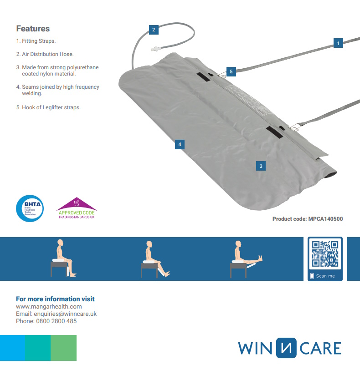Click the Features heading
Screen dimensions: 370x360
33,29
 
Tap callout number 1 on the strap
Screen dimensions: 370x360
338,43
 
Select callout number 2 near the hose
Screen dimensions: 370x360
154,30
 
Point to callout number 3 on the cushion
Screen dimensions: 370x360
261,166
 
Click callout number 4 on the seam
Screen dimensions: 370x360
180,144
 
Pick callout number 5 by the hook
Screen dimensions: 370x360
231,71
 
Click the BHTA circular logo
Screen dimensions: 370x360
30,208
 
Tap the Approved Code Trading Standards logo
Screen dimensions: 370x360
77,209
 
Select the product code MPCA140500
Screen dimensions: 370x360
308,219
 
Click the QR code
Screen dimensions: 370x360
325,254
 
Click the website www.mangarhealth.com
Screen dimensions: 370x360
49,307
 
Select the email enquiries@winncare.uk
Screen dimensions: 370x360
56,314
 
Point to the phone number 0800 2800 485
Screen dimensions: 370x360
46,321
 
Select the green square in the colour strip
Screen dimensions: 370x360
63,348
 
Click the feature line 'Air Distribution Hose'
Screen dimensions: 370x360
45,54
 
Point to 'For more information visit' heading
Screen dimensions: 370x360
55,299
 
